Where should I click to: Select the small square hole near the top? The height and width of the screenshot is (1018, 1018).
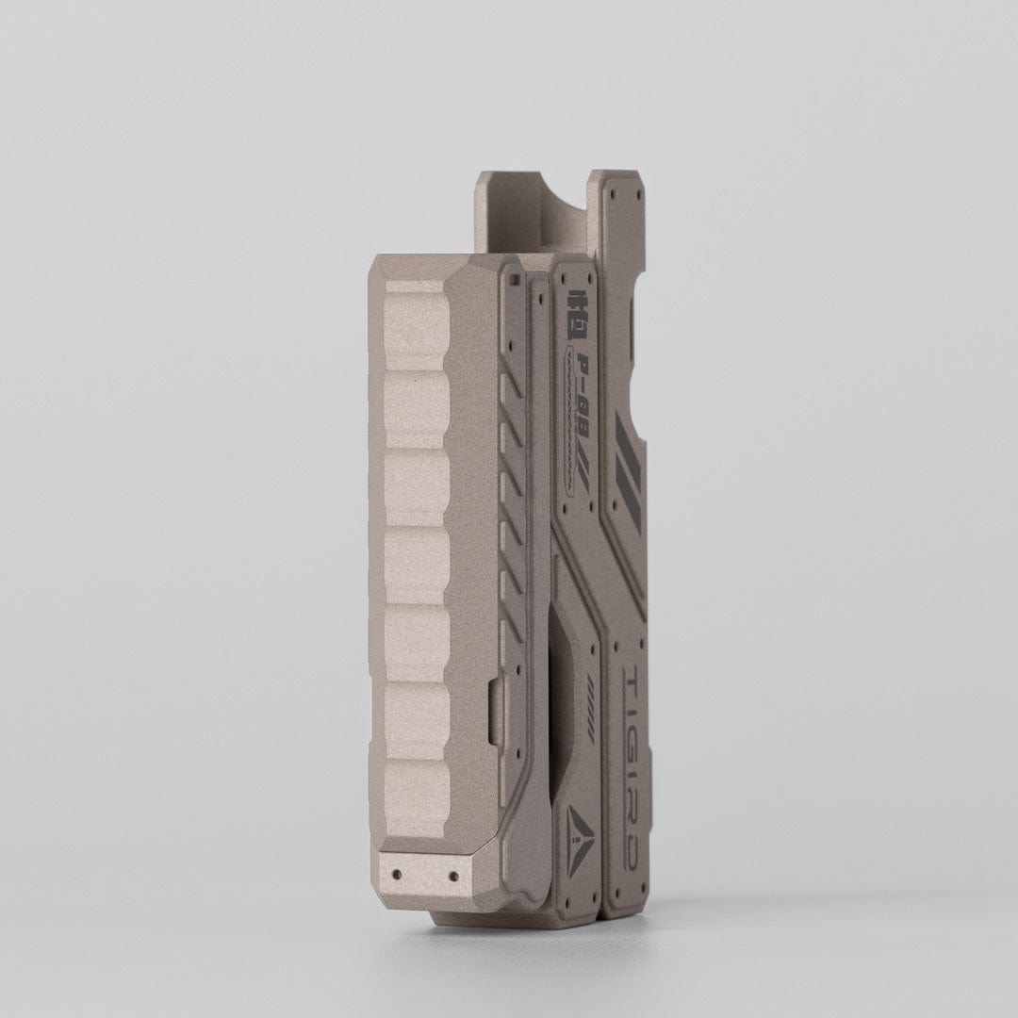coord(514,280)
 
